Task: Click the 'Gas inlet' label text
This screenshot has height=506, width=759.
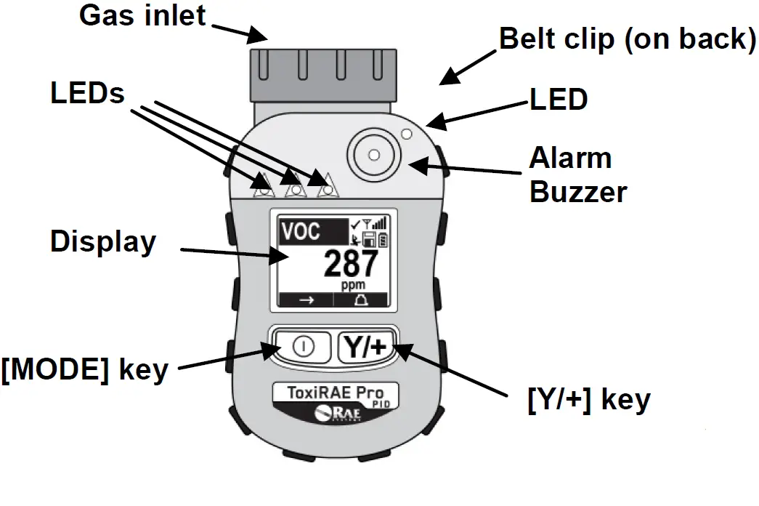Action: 142,16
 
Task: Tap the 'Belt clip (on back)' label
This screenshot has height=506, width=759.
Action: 627,39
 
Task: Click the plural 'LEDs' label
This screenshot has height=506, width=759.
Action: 88,93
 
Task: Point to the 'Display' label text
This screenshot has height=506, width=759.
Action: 102,242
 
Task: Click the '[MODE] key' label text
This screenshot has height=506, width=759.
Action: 85,370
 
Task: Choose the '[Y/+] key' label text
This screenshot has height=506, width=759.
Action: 588,399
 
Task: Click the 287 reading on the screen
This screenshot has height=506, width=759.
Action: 351,264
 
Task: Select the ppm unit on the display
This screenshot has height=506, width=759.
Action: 354,286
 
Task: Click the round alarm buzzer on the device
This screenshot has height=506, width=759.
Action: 373,155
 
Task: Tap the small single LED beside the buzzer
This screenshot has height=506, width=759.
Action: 407,134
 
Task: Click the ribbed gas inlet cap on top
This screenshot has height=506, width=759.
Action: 323,74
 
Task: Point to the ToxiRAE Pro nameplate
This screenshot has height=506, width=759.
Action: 336,393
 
